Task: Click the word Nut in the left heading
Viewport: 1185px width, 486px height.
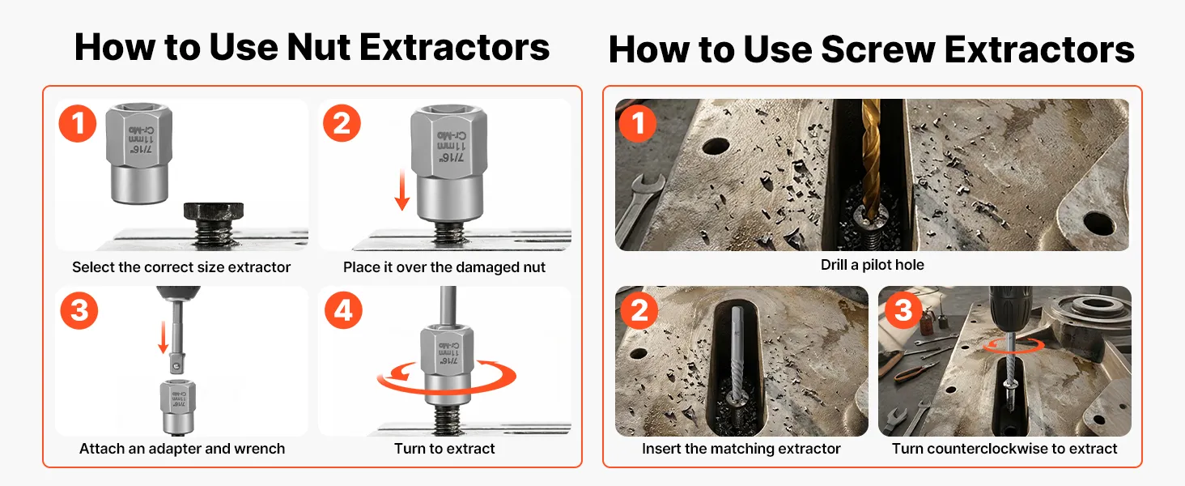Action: (319, 47)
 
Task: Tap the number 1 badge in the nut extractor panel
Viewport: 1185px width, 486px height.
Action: (78, 123)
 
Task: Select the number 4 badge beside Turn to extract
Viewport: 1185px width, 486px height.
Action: (343, 310)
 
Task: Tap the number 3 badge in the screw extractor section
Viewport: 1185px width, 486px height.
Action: (903, 310)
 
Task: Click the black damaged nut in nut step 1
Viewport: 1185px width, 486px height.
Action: (214, 211)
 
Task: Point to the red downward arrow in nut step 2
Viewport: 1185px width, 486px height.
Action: (402, 190)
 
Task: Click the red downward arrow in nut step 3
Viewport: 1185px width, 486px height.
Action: (164, 337)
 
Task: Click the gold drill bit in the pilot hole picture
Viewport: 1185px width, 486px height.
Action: (871, 159)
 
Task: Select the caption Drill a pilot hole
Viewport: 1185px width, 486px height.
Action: (873, 265)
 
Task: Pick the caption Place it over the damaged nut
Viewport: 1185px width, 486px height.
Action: (444, 267)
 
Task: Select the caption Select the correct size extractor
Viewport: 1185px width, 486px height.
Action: (181, 267)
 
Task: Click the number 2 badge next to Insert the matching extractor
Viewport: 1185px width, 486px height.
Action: (639, 310)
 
